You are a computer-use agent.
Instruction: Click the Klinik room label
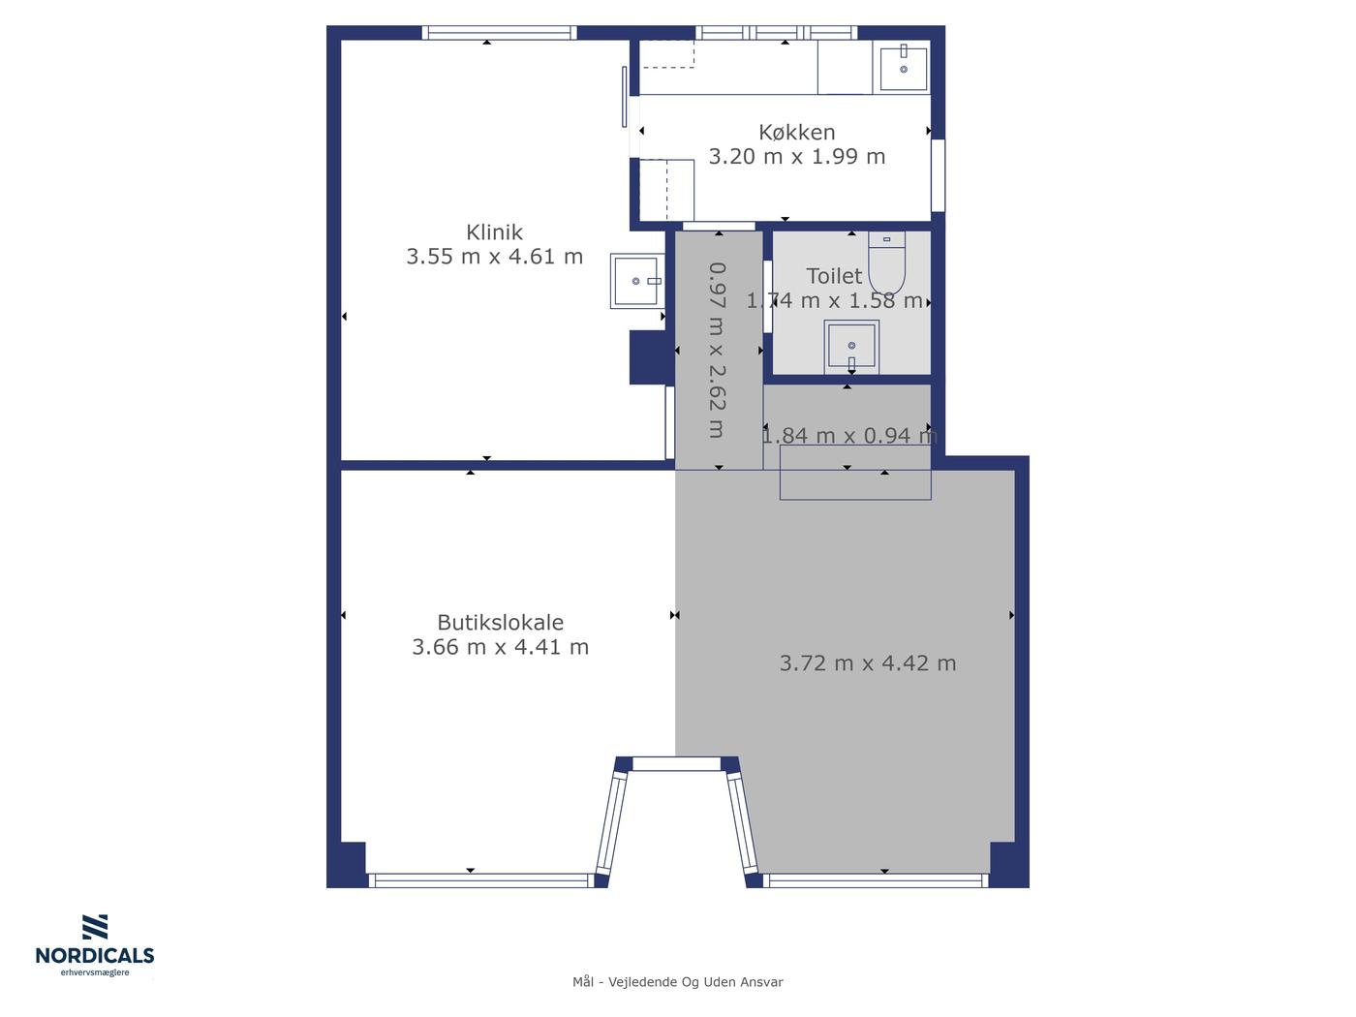click(494, 232)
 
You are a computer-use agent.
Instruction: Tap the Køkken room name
click(796, 132)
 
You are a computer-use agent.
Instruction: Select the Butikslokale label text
click(500, 622)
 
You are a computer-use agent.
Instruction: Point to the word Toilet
click(833, 276)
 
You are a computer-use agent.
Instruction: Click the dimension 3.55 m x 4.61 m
click(494, 257)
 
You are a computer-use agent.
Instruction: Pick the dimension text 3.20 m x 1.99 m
click(796, 157)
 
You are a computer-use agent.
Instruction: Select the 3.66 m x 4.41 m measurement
click(500, 646)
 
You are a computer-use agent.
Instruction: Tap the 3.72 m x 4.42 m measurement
click(867, 663)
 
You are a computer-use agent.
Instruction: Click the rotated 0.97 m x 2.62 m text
click(717, 350)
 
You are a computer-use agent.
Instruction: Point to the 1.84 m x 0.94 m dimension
click(849, 435)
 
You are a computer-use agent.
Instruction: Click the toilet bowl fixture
click(886, 262)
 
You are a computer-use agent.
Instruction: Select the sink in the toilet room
click(851, 347)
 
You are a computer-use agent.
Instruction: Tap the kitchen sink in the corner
click(903, 68)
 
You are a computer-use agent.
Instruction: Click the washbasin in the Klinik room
click(635, 281)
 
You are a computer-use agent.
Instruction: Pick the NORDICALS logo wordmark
click(95, 955)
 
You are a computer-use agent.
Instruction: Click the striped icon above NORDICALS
click(95, 927)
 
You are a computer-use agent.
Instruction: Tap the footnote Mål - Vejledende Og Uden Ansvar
click(677, 982)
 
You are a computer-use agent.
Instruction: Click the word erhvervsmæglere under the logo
click(95, 972)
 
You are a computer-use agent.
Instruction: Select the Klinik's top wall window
click(499, 33)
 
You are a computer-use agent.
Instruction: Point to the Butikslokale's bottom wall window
click(481, 880)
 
